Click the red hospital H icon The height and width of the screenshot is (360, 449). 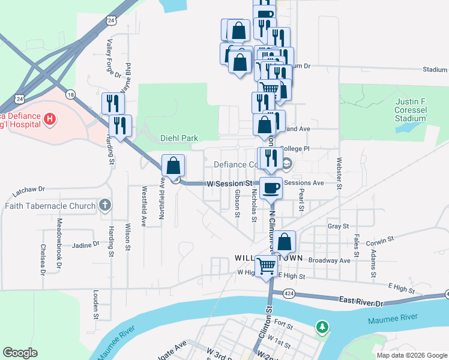tap(50, 119)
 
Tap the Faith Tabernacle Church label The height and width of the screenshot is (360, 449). tap(50, 206)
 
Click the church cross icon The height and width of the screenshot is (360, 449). tap(106, 206)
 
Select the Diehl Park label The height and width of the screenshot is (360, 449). tap(179, 138)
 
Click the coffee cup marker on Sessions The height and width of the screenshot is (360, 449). tap(270, 187)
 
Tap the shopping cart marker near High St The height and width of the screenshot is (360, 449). tap(266, 266)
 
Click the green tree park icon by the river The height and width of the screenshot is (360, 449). tap(323, 327)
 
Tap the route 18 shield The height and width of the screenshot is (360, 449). tap(71, 94)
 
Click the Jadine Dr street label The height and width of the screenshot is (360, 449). tap(85, 245)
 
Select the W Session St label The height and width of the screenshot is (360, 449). tap(230, 183)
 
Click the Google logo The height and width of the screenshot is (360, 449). tap(20, 353)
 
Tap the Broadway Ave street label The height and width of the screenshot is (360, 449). tap(328, 261)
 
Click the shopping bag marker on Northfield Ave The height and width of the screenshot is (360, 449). tap(173, 166)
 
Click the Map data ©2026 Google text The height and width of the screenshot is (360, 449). tap(411, 355)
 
